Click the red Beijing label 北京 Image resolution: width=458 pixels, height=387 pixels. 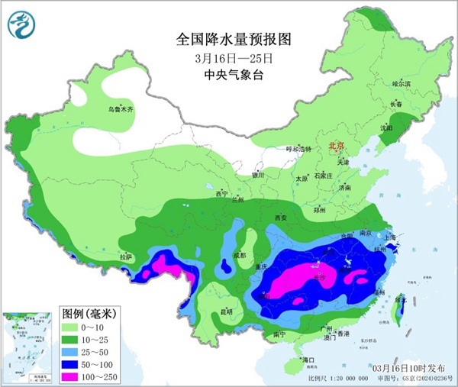point(337,144)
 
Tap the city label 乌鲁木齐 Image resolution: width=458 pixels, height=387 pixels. point(120,110)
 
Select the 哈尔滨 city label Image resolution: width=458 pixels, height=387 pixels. point(402,83)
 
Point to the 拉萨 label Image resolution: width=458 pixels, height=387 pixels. point(125,257)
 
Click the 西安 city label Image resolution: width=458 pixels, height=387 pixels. point(280,218)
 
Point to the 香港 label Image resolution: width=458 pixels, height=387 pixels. point(344,334)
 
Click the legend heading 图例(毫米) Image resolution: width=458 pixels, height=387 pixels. point(89,313)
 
